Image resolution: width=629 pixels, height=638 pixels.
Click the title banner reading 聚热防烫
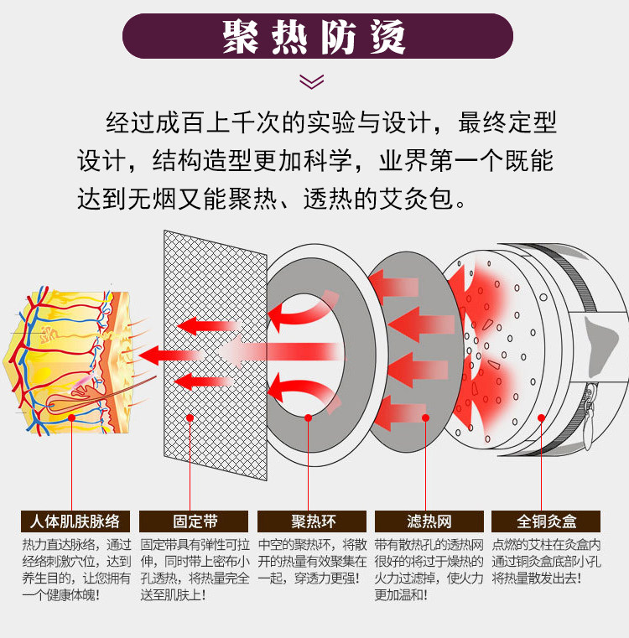point(314,36)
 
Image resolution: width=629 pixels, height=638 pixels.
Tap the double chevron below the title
point(312,81)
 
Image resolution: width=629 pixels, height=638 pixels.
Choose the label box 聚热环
point(311,521)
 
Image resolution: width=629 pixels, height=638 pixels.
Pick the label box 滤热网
point(429,521)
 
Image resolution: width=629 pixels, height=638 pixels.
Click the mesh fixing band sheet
point(214,352)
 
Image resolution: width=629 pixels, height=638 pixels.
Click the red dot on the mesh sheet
point(191,416)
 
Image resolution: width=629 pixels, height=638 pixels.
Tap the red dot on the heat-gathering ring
point(309,417)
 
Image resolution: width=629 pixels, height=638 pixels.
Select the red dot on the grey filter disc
point(427,416)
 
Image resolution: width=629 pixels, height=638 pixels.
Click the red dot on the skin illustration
point(73,417)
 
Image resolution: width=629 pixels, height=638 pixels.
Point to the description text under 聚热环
point(311,561)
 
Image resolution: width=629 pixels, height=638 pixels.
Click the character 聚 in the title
point(240,36)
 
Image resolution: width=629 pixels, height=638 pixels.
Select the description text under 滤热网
point(429,569)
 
